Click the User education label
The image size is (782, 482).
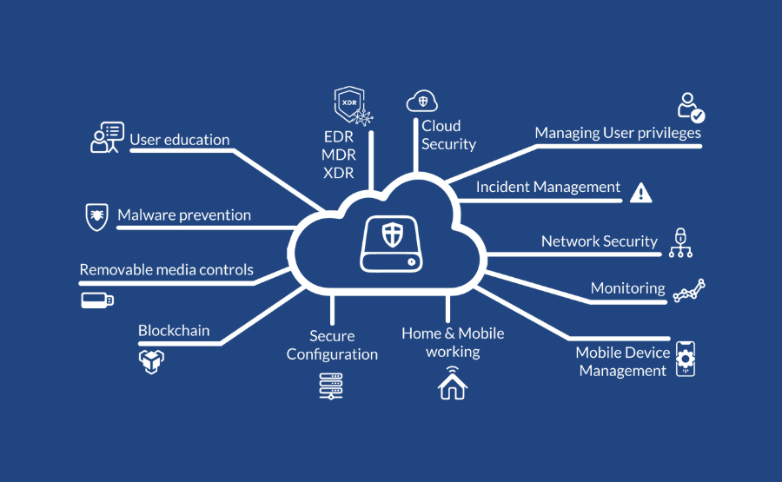[180, 140]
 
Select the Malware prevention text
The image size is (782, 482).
[184, 215]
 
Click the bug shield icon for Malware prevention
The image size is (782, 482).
[96, 216]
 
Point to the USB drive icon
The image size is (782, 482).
[96, 300]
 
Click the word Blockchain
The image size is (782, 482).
[174, 330]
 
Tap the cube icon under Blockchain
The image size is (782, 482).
[152, 360]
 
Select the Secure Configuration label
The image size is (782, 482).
[332, 345]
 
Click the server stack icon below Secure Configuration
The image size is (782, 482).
[332, 385]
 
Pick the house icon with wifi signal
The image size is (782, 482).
[452, 383]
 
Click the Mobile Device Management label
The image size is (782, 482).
[623, 361]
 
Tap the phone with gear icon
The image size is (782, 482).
[686, 359]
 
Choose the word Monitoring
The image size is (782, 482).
[627, 288]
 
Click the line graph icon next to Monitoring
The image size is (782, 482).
[689, 290]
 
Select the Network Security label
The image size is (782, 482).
[599, 241]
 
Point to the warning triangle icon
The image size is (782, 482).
[640, 192]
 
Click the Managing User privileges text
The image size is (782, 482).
[618, 133]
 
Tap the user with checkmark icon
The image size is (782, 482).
[691, 107]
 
